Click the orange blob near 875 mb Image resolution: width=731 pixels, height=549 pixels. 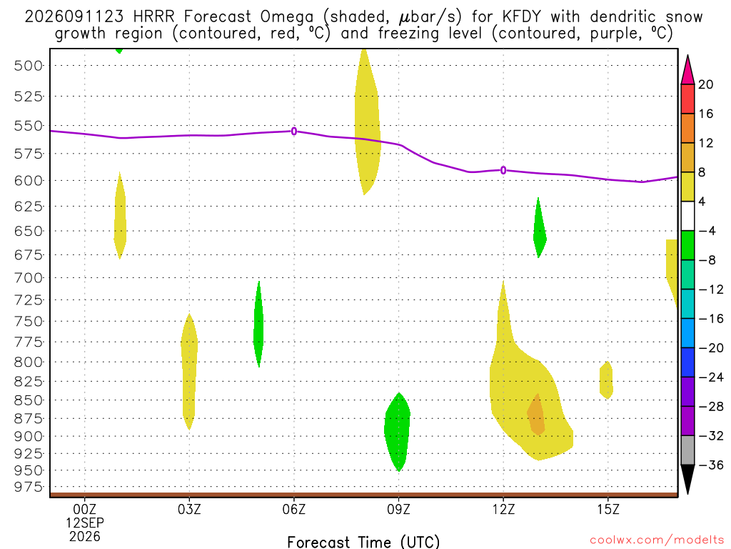coord(536,415)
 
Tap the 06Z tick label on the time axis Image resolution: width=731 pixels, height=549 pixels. coord(293,509)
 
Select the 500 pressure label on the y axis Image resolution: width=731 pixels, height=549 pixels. coord(28,66)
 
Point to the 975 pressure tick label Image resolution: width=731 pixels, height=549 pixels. coord(28,487)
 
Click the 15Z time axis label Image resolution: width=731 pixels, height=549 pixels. coord(608,509)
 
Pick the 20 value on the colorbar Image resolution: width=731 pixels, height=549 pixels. coord(706,84)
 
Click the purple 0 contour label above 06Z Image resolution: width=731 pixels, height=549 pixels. coord(293,132)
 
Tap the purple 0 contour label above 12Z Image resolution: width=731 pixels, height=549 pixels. coord(503,170)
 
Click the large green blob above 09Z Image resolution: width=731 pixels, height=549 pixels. coord(398,430)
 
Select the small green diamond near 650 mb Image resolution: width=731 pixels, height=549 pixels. coord(540,229)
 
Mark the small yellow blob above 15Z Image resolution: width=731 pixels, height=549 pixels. coord(606,380)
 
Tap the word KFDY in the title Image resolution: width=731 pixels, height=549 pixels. coord(522,17)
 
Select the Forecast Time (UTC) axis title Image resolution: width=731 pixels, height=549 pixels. coord(363,542)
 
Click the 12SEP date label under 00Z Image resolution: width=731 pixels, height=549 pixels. coord(84,523)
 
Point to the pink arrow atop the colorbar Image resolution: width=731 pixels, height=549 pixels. coord(687,70)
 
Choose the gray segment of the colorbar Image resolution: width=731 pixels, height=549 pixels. coord(687,450)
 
